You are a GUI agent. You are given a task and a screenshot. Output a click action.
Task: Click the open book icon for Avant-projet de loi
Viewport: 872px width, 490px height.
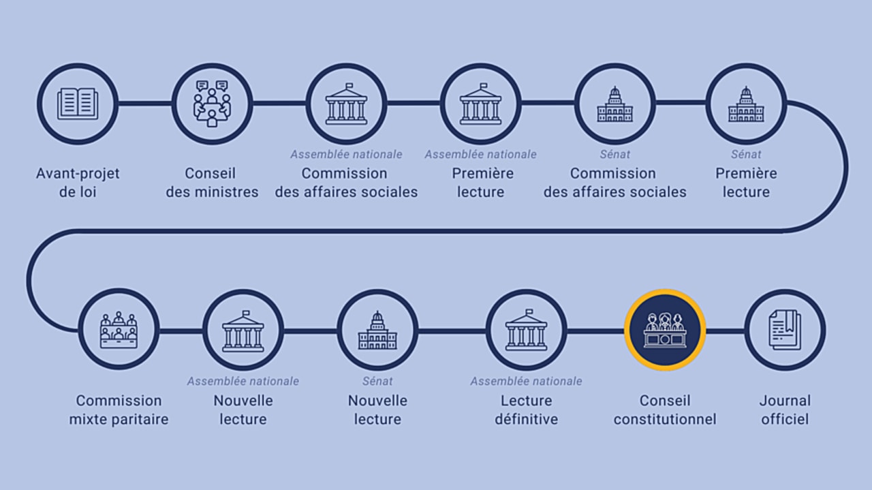tap(78, 104)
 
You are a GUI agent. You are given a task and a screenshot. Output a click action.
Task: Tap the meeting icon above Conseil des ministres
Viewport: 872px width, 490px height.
tap(212, 104)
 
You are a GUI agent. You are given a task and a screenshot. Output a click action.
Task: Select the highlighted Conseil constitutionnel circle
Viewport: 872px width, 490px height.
tap(665, 330)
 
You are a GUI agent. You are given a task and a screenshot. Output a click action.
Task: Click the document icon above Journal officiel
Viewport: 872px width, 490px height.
tap(785, 330)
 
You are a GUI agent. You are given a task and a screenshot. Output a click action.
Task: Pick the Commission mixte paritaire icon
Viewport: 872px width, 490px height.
tap(119, 329)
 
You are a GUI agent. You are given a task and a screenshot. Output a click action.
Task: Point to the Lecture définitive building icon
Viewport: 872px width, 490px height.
tap(526, 330)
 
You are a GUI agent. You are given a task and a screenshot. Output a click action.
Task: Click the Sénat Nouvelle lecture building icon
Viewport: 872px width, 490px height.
tap(377, 330)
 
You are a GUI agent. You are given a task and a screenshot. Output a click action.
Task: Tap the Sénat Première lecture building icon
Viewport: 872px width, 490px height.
tap(746, 104)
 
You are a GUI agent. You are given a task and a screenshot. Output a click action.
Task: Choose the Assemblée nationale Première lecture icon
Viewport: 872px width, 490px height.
tap(480, 104)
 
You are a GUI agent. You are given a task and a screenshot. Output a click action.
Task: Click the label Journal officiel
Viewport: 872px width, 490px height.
tap(785, 410)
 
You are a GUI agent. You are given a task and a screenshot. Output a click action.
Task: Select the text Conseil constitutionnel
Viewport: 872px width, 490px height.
tap(665, 410)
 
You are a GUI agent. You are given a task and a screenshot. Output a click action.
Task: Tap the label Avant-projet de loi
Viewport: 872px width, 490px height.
tap(78, 183)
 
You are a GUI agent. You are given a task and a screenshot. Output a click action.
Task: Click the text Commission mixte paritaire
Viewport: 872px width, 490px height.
tap(119, 410)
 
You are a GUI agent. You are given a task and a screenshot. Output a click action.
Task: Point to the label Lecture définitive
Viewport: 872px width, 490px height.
tap(526, 410)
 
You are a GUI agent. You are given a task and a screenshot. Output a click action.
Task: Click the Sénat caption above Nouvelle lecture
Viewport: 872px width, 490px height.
tap(377, 381)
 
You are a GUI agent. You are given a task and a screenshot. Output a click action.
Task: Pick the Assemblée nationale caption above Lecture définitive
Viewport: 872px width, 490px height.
tap(526, 381)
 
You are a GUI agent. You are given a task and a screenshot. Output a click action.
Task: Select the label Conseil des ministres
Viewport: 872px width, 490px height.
tap(212, 183)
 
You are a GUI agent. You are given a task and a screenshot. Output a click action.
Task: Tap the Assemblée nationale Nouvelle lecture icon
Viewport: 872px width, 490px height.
tap(243, 330)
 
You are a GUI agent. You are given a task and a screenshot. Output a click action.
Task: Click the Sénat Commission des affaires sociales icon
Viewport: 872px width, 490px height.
tap(614, 104)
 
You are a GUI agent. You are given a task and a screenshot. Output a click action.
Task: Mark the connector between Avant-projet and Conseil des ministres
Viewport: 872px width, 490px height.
tap(144, 104)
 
